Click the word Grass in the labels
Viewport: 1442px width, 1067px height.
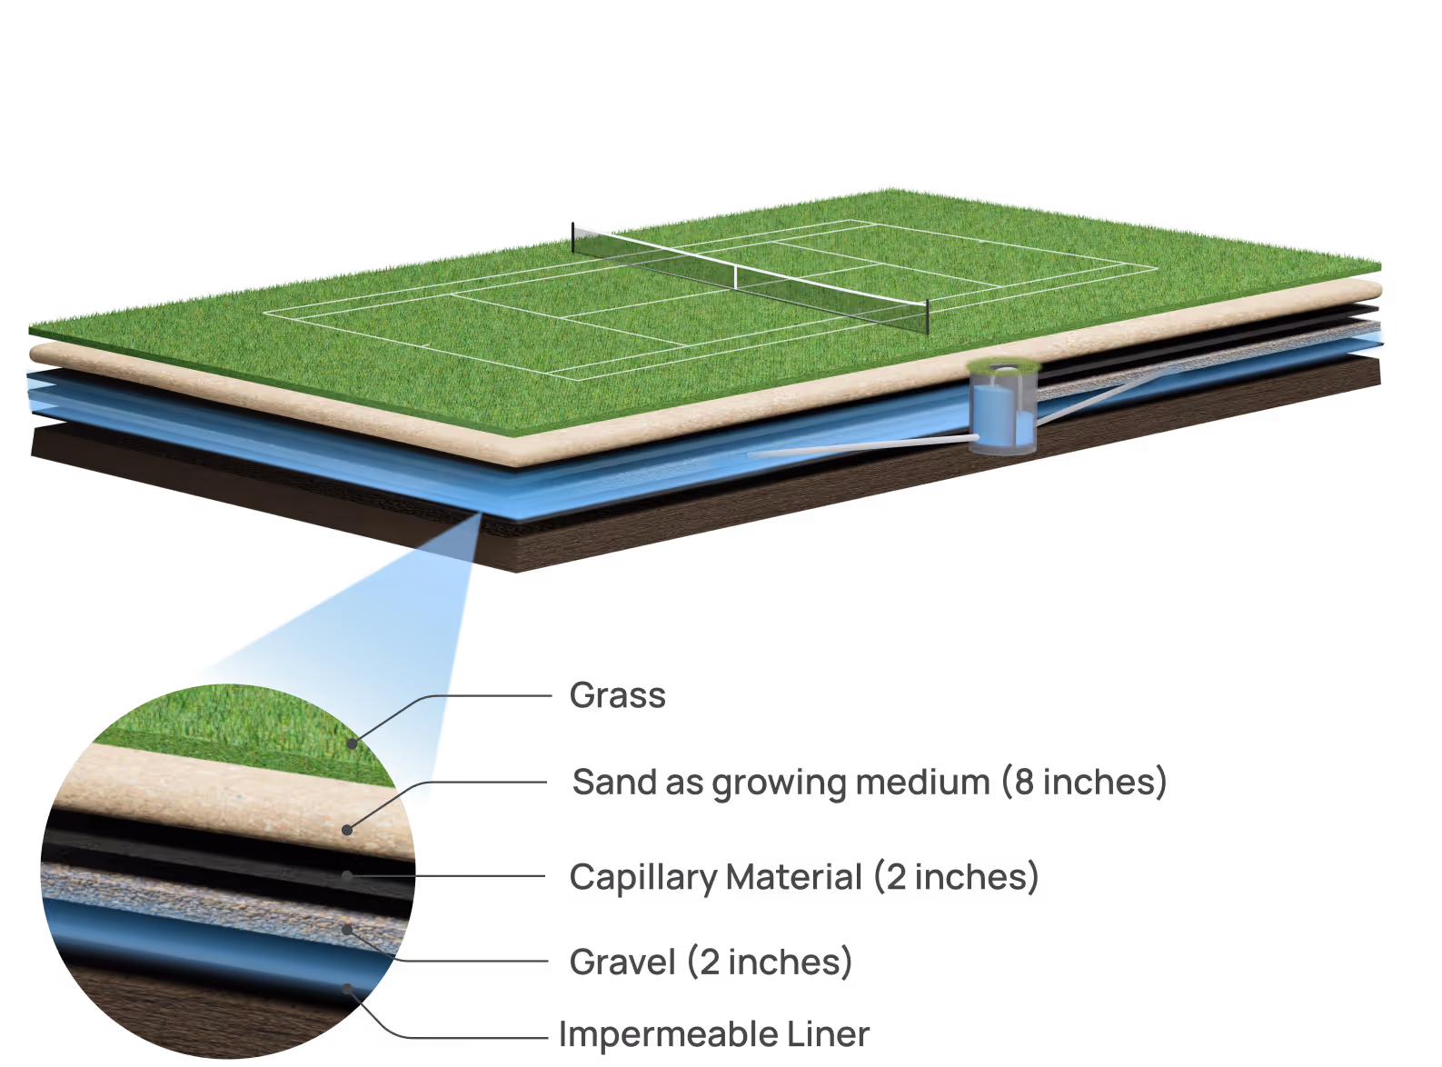[x=617, y=695]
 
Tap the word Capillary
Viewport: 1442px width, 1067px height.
[x=642, y=878]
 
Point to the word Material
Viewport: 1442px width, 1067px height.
[x=793, y=877]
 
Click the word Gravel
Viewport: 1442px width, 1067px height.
[x=622, y=962]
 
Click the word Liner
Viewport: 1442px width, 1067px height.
[x=828, y=1034]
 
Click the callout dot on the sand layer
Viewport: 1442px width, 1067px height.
[x=347, y=829]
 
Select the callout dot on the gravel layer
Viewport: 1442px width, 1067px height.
[x=347, y=929]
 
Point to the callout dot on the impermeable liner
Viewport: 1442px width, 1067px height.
[x=346, y=988]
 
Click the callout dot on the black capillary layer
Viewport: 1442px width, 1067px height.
[x=347, y=875]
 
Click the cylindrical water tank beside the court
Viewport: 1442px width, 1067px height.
[x=1002, y=409]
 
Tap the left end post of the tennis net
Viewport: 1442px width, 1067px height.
[x=573, y=238]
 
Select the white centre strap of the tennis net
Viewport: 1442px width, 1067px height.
[x=735, y=277]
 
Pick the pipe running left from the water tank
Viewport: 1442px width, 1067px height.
[x=863, y=446]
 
